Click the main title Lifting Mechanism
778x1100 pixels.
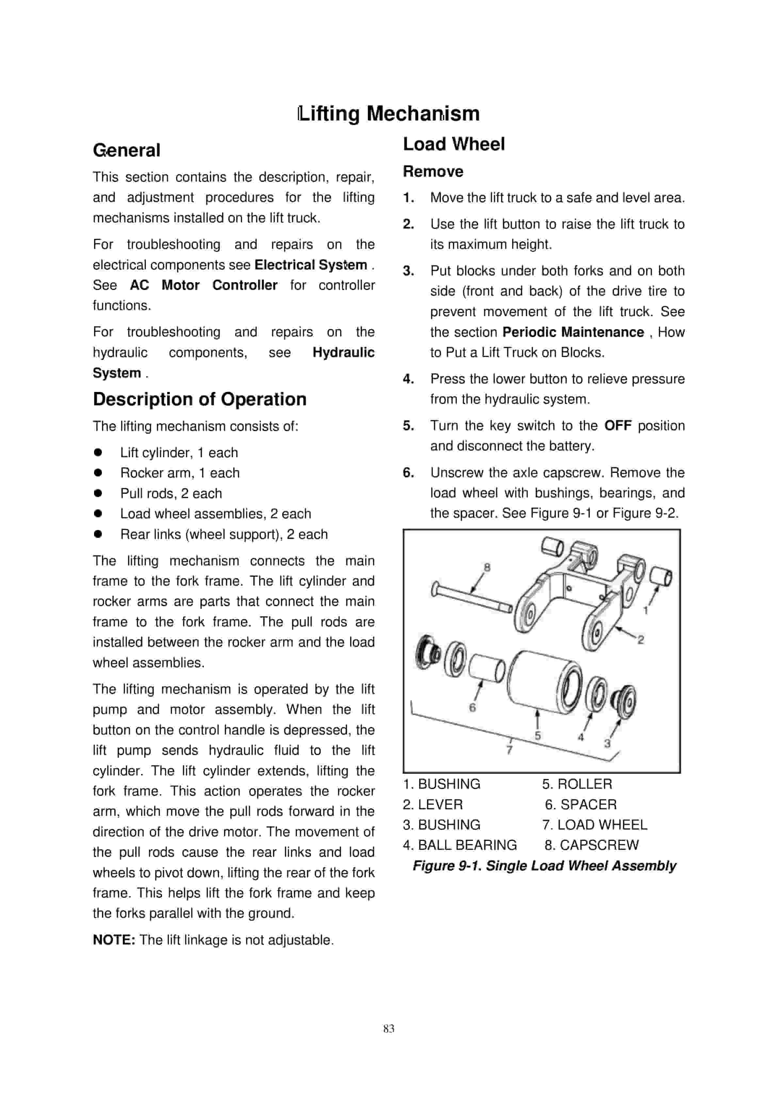[389, 114]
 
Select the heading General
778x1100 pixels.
[126, 151]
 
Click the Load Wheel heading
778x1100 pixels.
[453, 144]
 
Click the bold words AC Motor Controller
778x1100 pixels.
[203, 285]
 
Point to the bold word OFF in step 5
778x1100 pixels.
[618, 426]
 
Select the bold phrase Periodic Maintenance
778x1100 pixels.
[573, 332]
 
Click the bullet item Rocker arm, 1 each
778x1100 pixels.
[180, 473]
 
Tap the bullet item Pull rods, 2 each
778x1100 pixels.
[171, 493]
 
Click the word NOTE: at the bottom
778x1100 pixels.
[114, 940]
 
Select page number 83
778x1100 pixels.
[389, 1028]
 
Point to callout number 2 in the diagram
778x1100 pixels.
[640, 639]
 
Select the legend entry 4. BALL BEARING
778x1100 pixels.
[460, 845]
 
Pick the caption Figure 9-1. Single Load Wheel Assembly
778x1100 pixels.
[544, 866]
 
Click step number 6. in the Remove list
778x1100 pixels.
[408, 473]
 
